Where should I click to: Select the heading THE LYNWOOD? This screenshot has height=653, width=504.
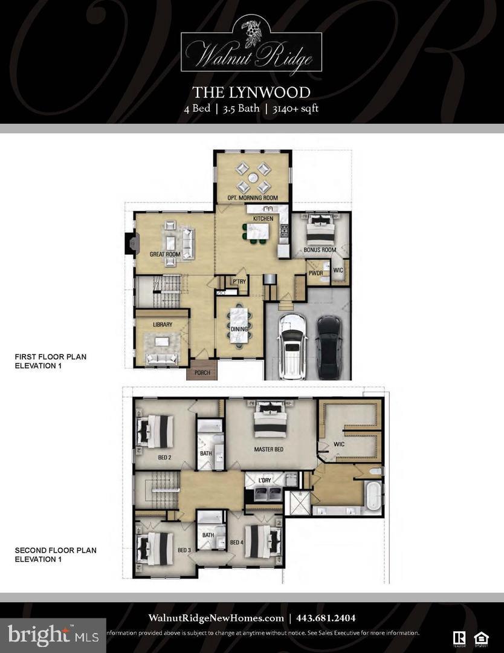(x=251, y=93)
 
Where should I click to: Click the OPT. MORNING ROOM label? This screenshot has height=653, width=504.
(x=253, y=198)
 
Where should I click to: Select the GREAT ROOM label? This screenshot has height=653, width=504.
(x=165, y=255)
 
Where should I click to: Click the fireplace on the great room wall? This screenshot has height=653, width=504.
(x=129, y=244)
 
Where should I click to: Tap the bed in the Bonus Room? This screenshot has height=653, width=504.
(x=320, y=230)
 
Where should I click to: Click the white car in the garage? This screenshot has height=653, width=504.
(x=291, y=346)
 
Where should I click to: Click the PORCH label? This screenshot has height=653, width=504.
(x=202, y=372)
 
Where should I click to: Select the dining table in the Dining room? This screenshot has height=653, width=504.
(x=239, y=326)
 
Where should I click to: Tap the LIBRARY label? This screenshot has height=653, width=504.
(x=163, y=325)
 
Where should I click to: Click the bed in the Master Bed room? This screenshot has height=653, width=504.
(x=270, y=420)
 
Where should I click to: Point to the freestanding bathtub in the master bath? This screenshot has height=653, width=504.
(x=374, y=493)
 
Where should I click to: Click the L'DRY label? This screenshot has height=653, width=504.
(x=265, y=479)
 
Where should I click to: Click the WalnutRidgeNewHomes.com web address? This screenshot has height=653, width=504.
(x=216, y=618)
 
